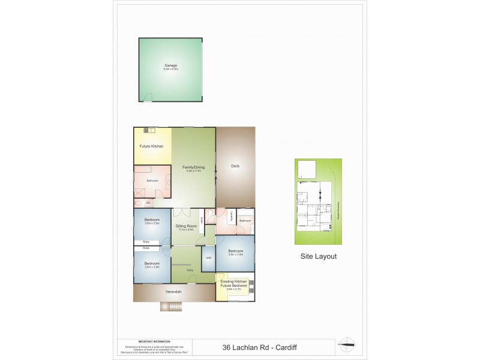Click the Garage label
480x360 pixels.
[171, 65]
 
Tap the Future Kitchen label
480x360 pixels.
[152, 146]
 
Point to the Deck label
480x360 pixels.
[235, 166]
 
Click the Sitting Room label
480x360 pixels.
[187, 226]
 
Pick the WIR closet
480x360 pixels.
[208, 258]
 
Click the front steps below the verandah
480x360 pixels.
[170, 307]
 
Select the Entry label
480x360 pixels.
[190, 271]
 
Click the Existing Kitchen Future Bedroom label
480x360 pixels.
[235, 283]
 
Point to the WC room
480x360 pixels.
[148, 202]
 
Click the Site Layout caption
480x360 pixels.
[318, 256]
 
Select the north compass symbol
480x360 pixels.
[346, 345]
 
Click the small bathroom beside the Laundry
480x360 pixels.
[245, 221]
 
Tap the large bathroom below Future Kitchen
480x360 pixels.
[152, 180]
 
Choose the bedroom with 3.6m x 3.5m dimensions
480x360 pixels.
[235, 251]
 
